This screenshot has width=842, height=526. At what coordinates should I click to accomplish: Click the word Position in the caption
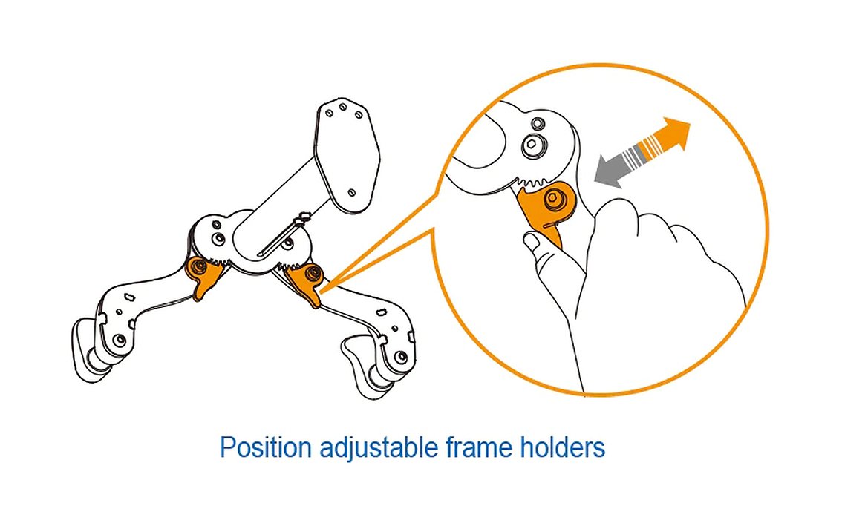click(x=266, y=447)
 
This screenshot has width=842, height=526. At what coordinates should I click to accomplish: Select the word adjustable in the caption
click(x=379, y=447)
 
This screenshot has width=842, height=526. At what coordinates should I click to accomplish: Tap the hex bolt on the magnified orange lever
click(x=553, y=200)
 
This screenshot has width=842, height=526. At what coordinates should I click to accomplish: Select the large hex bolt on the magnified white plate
click(x=531, y=144)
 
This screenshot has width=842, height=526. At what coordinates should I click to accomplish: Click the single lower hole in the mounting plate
click(x=352, y=192)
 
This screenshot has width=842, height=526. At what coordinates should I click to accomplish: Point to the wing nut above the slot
click(x=302, y=218)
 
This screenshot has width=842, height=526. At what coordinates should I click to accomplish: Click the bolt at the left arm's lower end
click(x=120, y=340)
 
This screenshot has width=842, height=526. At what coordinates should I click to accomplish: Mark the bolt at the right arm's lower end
click(x=401, y=357)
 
